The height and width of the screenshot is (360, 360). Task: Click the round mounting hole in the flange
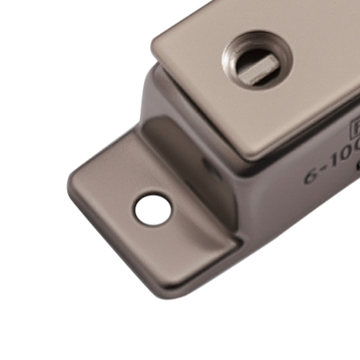[x=152, y=208]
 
